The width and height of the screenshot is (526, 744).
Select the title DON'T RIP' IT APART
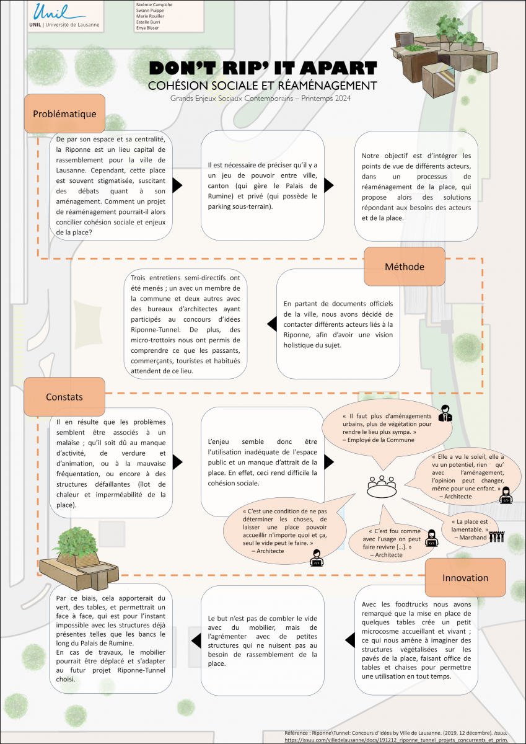(263, 68)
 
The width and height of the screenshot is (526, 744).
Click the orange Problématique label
(64, 113)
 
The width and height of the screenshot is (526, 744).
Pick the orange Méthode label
(404, 267)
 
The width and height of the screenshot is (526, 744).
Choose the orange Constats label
(64, 396)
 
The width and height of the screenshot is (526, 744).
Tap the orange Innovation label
(465, 577)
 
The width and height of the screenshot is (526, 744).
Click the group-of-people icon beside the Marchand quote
(498, 536)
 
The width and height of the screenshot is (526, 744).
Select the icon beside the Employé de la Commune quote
(444, 413)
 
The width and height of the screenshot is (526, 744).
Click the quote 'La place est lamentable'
(470, 528)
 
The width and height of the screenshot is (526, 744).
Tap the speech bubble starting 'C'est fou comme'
(394, 542)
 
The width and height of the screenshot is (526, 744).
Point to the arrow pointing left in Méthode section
(271, 323)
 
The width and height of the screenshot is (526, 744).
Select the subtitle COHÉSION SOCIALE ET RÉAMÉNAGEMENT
(263, 85)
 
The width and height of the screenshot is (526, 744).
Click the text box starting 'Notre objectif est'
(416, 186)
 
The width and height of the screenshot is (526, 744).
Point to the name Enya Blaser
(147, 28)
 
